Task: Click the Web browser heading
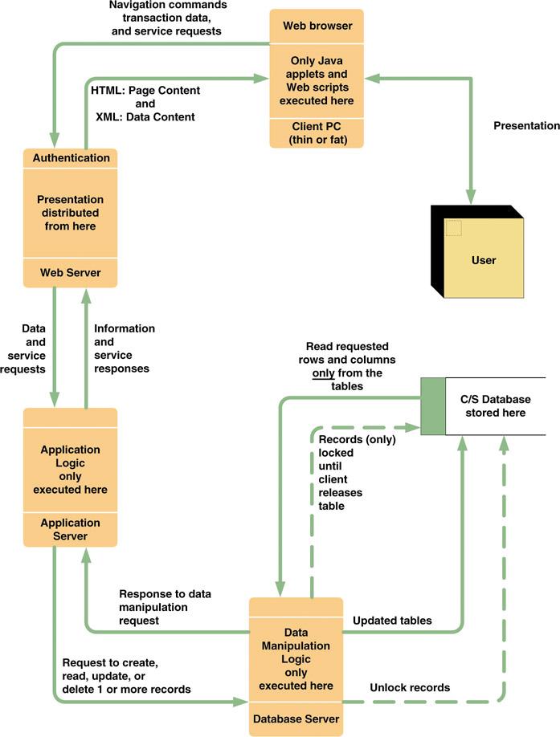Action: (x=317, y=26)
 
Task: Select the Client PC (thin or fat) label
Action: (x=317, y=133)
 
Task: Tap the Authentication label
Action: (x=71, y=158)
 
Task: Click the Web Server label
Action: (x=71, y=273)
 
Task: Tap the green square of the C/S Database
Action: (x=433, y=406)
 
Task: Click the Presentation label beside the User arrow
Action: (x=526, y=125)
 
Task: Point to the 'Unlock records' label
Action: (x=410, y=688)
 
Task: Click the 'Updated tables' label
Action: (x=392, y=621)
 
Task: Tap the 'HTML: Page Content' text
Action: (x=145, y=91)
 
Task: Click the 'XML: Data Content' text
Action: (x=145, y=117)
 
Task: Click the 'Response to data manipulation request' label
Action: (x=165, y=607)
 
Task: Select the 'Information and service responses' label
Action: (x=124, y=349)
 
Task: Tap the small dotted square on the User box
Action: (x=454, y=227)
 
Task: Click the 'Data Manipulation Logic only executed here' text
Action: (x=296, y=659)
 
